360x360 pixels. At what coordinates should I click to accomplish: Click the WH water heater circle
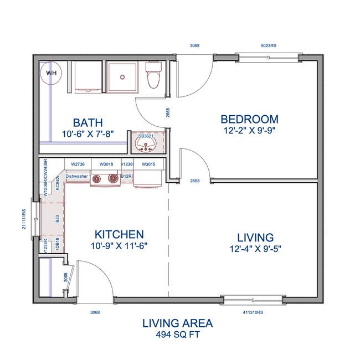pos(50,73)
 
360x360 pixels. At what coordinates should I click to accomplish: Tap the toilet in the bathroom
pos(153,77)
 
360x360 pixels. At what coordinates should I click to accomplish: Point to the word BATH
pos(89,122)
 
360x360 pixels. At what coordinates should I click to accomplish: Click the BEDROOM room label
pos(249,119)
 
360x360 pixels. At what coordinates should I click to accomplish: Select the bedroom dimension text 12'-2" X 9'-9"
pos(249,131)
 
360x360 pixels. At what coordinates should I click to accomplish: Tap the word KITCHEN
pos(119,234)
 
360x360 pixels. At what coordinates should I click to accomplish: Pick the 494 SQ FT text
pos(177,334)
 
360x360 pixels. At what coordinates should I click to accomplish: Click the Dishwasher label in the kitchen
pos(77,176)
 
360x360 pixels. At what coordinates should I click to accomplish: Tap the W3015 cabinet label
pos(148,164)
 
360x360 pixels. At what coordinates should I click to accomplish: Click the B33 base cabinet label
pos(58,219)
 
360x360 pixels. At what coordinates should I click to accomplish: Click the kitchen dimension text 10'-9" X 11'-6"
pos(119,246)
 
